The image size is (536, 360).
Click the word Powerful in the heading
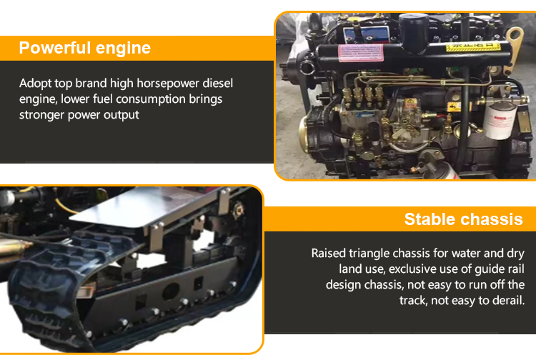coord(55,47)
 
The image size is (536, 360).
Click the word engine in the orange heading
coord(123,49)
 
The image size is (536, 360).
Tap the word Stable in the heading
coord(426,219)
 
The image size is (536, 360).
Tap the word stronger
coord(41,115)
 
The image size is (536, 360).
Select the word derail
coord(508,300)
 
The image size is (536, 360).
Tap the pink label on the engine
coord(361,53)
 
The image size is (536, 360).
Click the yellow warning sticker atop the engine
coord(473,46)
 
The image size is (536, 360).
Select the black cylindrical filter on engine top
coord(414,32)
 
